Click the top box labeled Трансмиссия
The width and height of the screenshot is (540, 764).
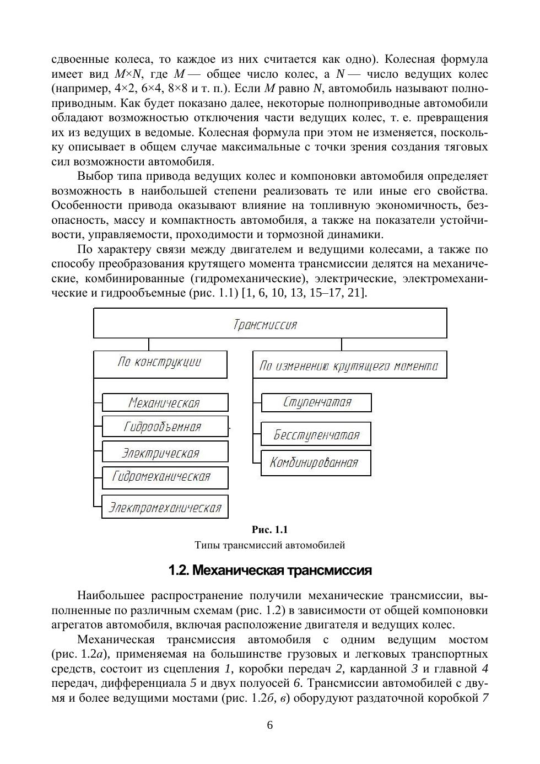tap(270, 324)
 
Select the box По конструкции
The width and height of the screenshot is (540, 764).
tap(160, 364)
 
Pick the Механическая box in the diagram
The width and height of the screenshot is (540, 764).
tap(165, 402)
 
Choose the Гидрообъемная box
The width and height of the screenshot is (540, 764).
tap(164, 426)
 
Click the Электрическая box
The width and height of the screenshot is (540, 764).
tap(164, 452)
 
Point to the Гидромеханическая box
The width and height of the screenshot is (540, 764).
tap(164, 477)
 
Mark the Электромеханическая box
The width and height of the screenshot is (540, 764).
tap(164, 507)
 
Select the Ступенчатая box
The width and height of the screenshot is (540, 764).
tap(316, 402)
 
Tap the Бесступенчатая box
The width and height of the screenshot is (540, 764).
tap(316, 434)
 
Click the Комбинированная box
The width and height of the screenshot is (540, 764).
tap(315, 463)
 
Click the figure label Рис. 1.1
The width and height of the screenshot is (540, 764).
tap(270, 530)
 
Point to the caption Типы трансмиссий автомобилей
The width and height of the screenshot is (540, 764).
tap(270, 545)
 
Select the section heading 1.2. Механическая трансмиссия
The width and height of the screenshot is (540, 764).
tap(270, 571)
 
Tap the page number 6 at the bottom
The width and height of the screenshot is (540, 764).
tap(270, 725)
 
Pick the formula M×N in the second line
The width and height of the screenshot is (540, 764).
tap(128, 74)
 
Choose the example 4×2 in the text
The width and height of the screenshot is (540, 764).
tap(127, 89)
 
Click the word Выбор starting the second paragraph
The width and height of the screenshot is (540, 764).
tap(95, 176)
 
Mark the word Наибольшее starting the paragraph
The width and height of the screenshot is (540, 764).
tap(111, 596)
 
